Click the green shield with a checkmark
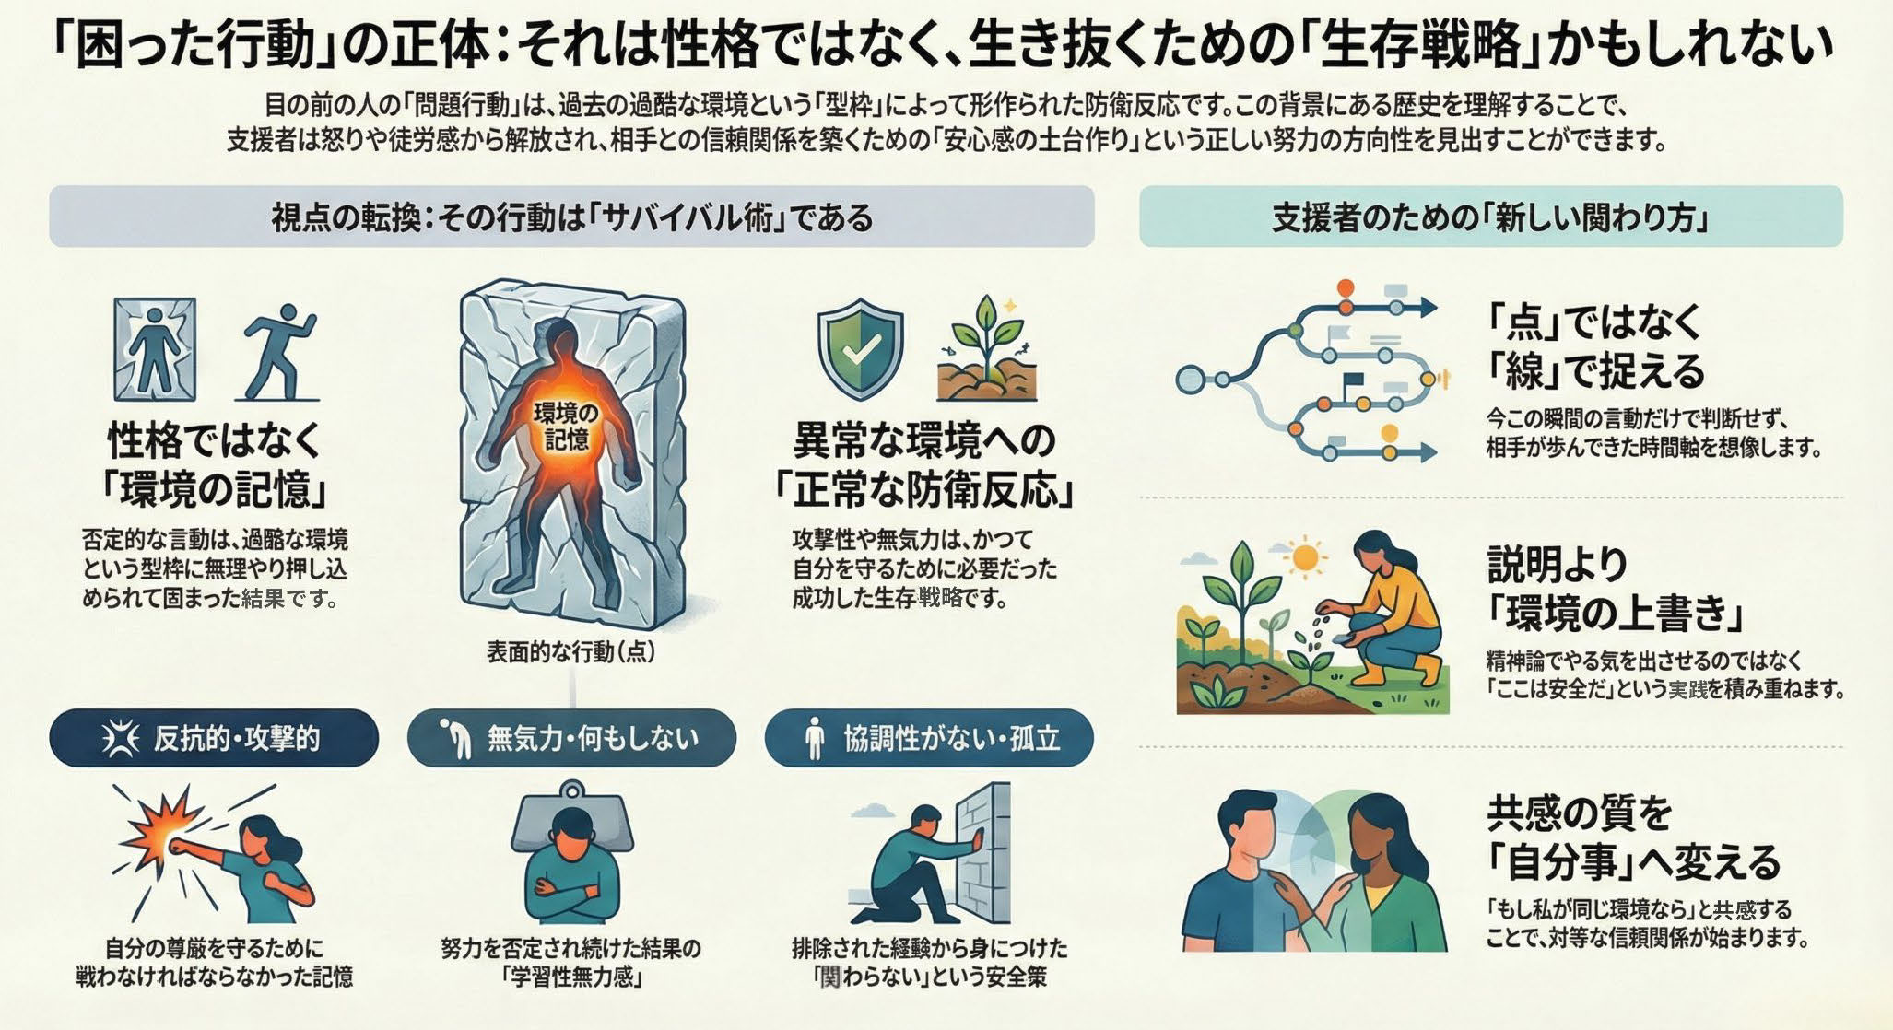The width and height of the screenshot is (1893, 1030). (x=861, y=348)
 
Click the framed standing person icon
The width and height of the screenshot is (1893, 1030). (x=155, y=349)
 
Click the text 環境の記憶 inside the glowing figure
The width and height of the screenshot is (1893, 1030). (x=566, y=427)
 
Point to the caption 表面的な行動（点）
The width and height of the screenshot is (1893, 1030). (x=571, y=652)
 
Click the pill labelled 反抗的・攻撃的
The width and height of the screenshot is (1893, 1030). (x=214, y=738)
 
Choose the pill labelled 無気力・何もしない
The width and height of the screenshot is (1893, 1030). (x=571, y=738)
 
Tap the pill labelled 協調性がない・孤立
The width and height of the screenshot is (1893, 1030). (x=929, y=738)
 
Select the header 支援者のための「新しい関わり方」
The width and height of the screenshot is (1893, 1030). (x=1491, y=217)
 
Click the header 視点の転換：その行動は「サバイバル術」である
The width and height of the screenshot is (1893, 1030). (x=571, y=217)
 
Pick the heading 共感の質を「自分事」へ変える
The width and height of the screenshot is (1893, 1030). (x=1633, y=837)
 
